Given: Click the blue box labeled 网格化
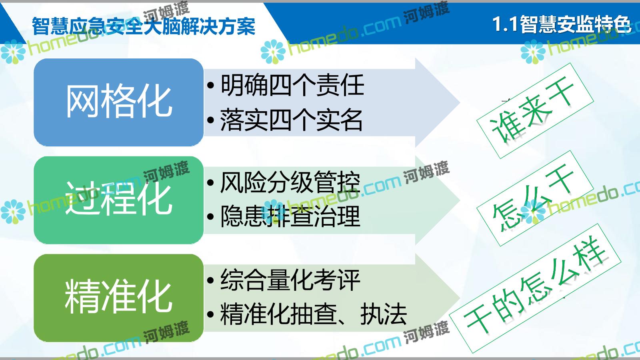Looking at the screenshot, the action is (118, 102).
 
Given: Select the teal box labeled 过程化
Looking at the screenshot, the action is (118, 200).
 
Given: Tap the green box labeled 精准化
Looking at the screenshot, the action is (118, 298).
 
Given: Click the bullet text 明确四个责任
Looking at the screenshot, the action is (292, 85).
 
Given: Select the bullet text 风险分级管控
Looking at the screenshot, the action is (290, 182).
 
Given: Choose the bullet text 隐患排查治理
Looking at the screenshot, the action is (290, 216).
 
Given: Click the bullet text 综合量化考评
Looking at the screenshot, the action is (290, 280).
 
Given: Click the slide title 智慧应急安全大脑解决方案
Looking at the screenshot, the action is (144, 26).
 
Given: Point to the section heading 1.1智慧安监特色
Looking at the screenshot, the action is (562, 24).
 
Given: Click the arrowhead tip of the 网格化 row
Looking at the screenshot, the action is (460, 102).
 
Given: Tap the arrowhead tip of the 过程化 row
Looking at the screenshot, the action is (460, 200).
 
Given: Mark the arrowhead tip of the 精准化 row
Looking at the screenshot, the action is (460, 298).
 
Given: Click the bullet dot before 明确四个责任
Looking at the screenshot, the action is (210, 85).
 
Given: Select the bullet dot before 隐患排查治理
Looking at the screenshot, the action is (210, 216).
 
